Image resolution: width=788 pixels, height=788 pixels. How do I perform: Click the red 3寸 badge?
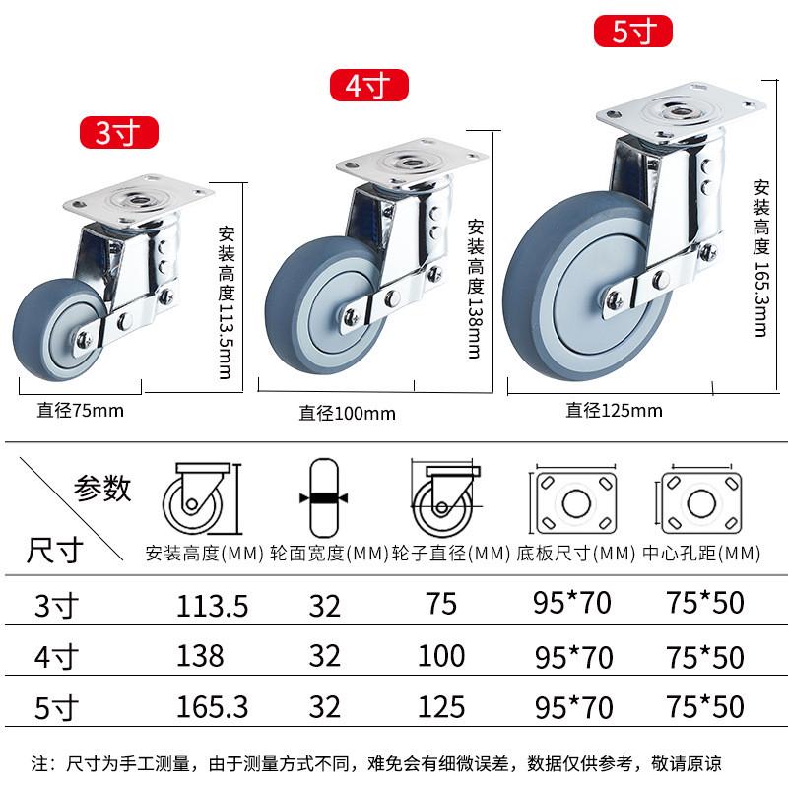(x=118, y=131)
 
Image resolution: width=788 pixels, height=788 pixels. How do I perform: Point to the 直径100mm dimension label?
(x=347, y=413)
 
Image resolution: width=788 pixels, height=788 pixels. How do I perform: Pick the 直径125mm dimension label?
(x=614, y=410)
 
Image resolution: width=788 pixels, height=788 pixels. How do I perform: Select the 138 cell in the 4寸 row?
(x=200, y=655)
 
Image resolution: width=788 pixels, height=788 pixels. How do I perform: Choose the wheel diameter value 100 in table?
(x=440, y=655)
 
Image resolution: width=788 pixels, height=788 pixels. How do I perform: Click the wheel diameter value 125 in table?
(x=440, y=705)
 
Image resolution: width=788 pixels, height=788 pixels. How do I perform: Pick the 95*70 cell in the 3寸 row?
(x=572, y=604)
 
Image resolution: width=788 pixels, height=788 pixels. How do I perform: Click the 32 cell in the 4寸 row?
(x=324, y=655)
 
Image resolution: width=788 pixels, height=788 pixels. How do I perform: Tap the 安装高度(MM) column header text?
(x=204, y=554)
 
